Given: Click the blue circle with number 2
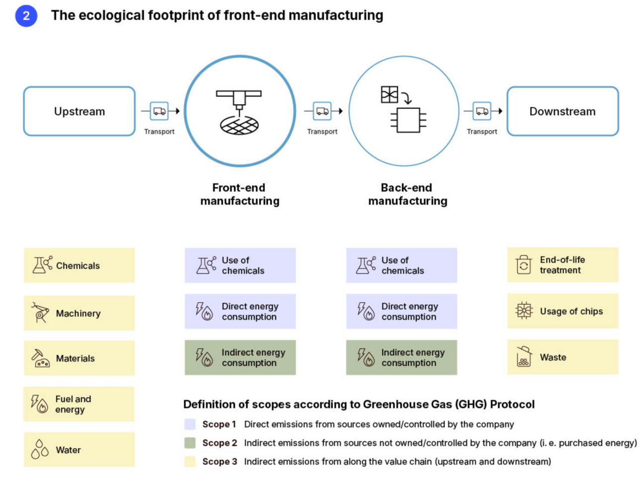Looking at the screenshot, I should point(26,16).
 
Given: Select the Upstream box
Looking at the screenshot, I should point(80,111).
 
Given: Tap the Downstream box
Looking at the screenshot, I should point(562,111).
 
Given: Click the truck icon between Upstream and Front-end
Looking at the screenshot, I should point(160,111).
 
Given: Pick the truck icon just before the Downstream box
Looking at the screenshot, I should point(482,111).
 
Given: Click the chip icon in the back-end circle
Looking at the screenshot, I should point(408,120).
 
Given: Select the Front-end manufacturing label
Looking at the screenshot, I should point(240,194).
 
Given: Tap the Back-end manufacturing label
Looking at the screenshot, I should point(407,194).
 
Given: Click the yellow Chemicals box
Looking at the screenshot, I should point(80,266).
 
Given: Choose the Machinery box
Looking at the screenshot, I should point(80,313).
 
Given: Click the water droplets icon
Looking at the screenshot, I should point(40,449).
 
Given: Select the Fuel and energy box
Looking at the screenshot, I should point(80,404).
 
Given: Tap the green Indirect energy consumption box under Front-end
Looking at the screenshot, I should point(240,357).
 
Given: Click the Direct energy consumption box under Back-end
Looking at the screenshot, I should point(401,312).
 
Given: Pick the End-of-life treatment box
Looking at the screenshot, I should point(562,265).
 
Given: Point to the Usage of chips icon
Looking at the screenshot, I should point(524,311).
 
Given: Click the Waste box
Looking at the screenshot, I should point(562,357).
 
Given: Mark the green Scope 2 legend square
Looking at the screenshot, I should point(190,443).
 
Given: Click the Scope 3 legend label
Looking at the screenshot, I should point(219,461).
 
